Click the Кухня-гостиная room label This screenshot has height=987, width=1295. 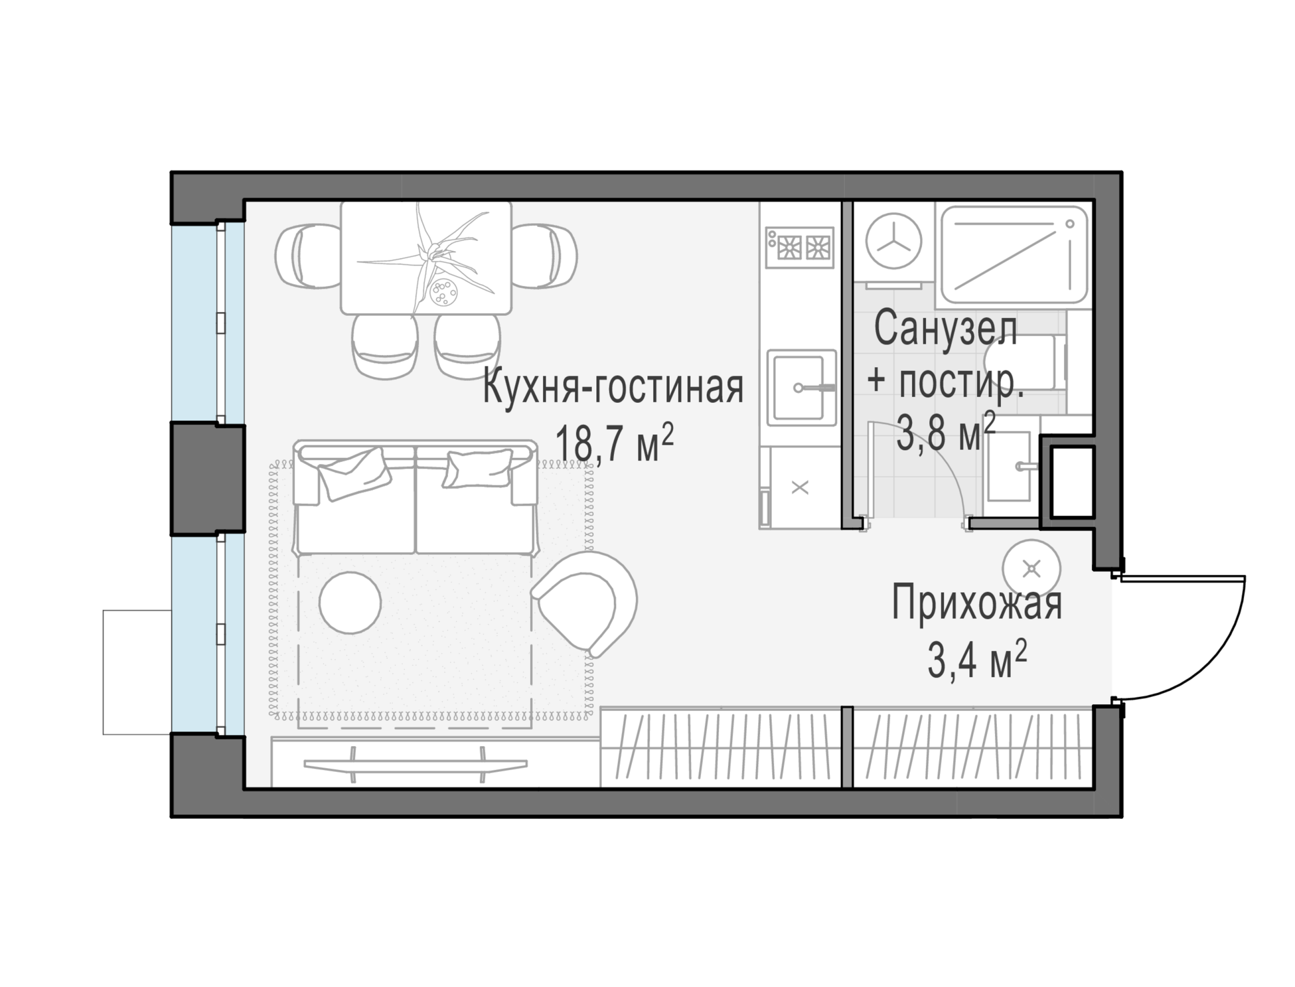613,388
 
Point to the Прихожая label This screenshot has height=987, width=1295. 977,603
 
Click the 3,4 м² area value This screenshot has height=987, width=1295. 977,659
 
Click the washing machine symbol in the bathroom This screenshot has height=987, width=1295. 894,241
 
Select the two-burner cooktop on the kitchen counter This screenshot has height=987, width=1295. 800,247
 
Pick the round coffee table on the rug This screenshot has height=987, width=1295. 350,603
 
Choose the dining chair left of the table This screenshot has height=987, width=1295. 308,256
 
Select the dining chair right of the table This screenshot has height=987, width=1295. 544,256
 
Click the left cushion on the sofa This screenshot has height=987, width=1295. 354,474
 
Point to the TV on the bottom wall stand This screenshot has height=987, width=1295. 416,764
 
